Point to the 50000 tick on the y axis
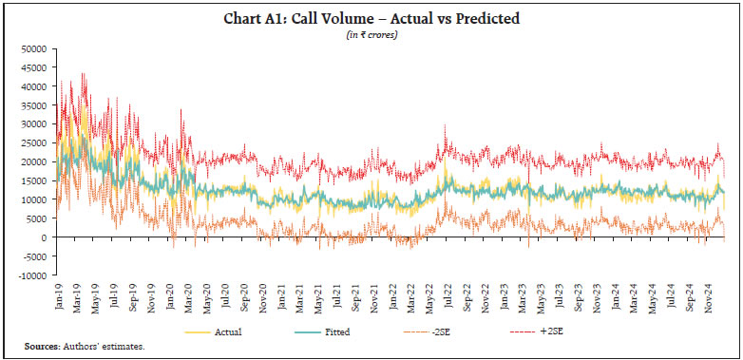tap(35, 48)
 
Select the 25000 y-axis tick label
tap(35, 142)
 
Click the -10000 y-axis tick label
tap(33, 275)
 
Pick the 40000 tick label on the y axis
tap(35, 86)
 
